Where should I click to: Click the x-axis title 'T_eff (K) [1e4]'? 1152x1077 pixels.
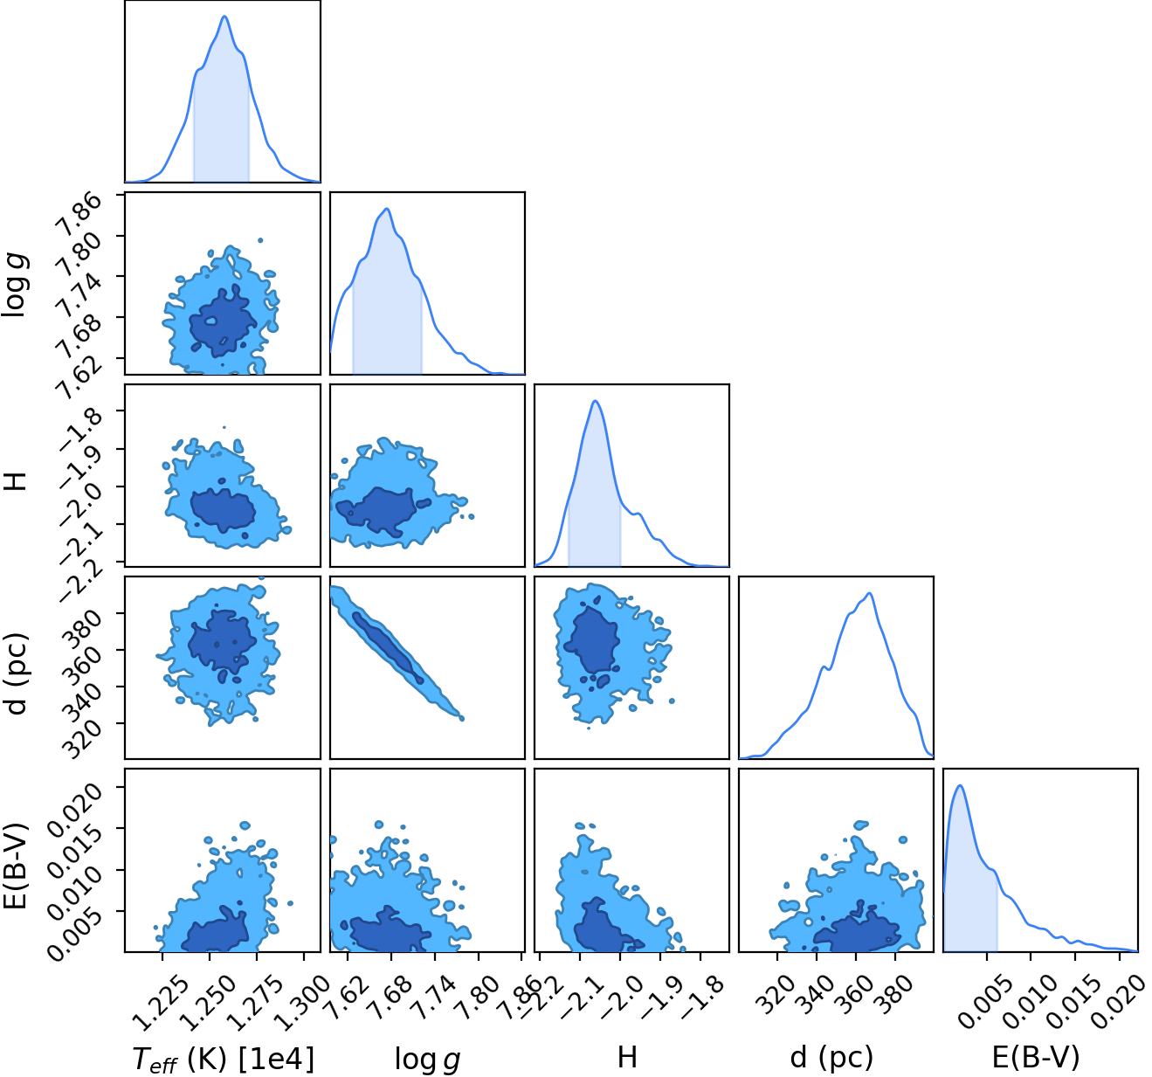tap(224, 1058)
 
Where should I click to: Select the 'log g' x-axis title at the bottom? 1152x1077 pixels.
tap(427, 1059)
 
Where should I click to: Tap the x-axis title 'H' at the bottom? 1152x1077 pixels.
tap(627, 1057)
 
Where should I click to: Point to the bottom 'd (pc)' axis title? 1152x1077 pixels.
tap(831, 1058)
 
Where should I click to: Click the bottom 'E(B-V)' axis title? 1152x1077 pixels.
tap(1036, 1057)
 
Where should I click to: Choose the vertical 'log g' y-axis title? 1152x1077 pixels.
tap(16, 287)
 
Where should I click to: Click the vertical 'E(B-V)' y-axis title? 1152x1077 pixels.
tap(17, 866)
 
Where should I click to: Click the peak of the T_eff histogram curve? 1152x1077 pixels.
tap(224, 16)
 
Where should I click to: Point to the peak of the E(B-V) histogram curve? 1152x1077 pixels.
tap(960, 785)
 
